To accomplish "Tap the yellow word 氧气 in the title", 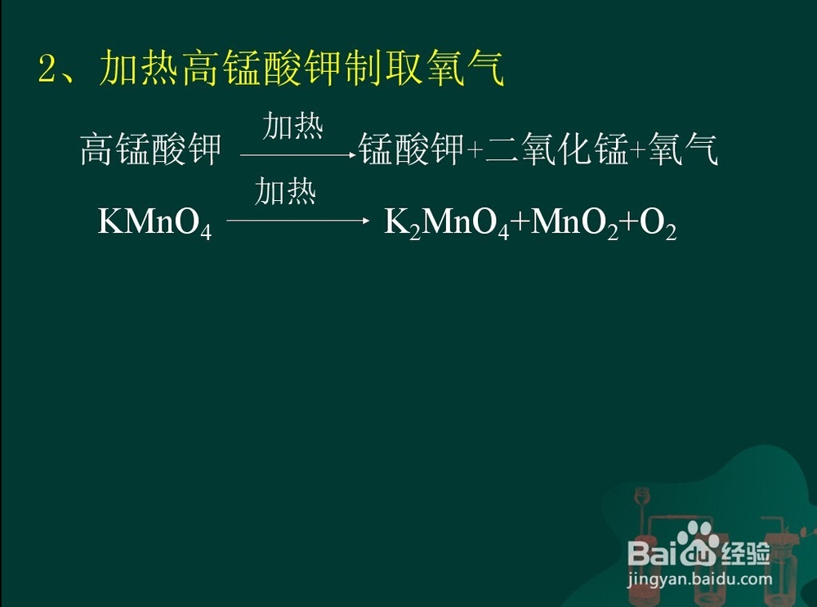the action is click(x=465, y=68).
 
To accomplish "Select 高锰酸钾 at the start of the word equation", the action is click(x=151, y=149).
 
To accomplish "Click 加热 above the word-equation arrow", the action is click(x=292, y=126).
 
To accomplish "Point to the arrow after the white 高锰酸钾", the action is click(x=298, y=154).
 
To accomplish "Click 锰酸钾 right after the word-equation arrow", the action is click(x=412, y=149).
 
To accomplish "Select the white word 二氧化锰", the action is click(x=556, y=149).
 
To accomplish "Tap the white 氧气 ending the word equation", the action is click(x=684, y=149).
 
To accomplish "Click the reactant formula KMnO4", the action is click(x=154, y=223).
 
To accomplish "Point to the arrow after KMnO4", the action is click(x=298, y=221).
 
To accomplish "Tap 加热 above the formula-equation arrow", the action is click(x=285, y=191).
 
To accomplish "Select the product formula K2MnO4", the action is click(x=447, y=223).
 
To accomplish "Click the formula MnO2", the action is click(x=574, y=223).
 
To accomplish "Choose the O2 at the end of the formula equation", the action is click(x=658, y=223).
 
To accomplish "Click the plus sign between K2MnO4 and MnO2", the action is click(x=520, y=222).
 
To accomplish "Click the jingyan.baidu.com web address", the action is click(x=700, y=578).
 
